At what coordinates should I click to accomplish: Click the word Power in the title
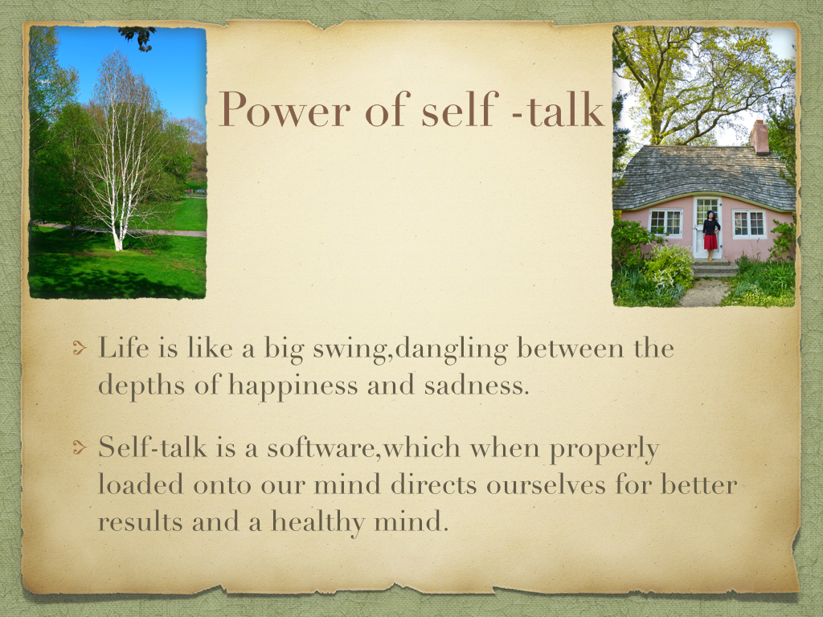click(284, 109)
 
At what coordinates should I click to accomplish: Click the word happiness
click(293, 386)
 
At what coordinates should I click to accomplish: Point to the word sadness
click(477, 385)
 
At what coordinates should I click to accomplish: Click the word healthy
click(317, 522)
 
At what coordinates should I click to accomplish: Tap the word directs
click(433, 484)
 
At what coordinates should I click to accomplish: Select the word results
click(140, 522)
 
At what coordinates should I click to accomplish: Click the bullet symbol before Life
click(80, 348)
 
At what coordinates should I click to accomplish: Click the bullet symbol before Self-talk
click(80, 447)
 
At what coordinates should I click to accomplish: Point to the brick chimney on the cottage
click(760, 137)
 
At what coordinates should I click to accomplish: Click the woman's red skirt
click(710, 242)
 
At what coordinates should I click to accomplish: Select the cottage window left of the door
click(665, 223)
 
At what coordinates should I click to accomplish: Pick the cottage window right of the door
click(749, 223)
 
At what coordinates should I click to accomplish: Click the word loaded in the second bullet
click(141, 484)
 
